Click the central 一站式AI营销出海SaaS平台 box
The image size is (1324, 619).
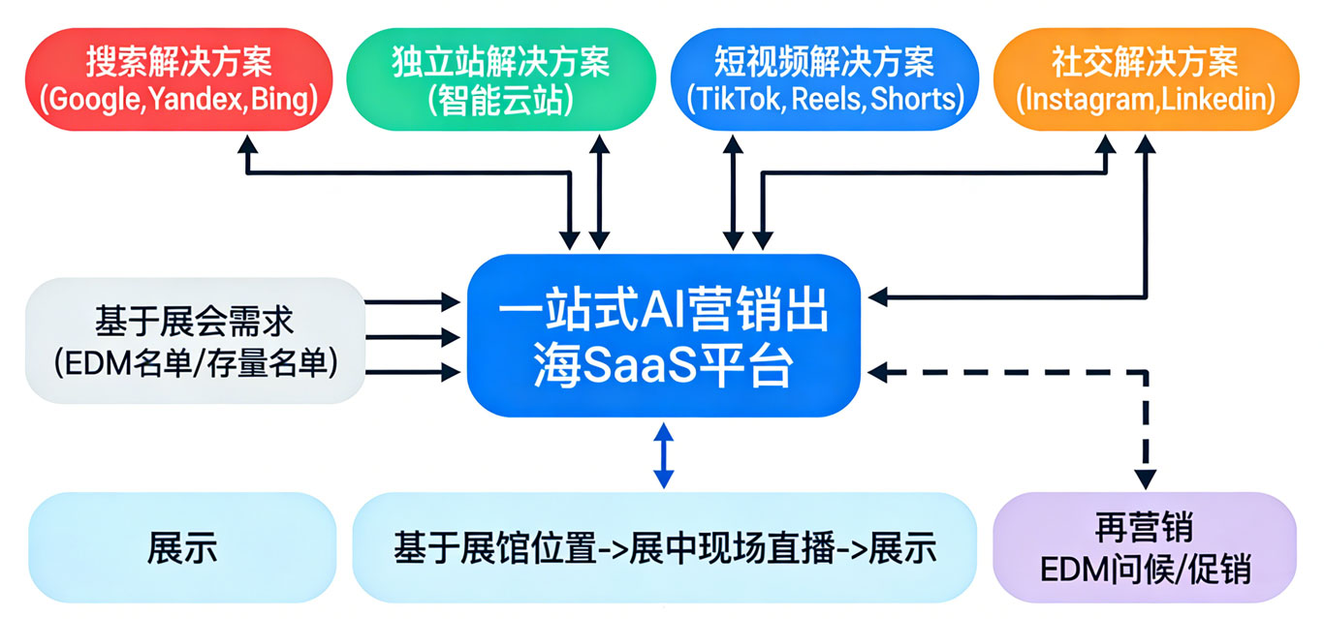(663, 335)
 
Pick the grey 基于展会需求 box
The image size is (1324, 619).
(195, 340)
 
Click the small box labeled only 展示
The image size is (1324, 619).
(182, 548)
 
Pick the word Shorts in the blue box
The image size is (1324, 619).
(911, 99)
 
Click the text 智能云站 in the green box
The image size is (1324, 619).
(501, 100)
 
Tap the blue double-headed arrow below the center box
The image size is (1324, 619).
(663, 455)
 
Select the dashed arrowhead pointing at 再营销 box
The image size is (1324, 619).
(1146, 478)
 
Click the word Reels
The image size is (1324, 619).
(822, 99)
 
